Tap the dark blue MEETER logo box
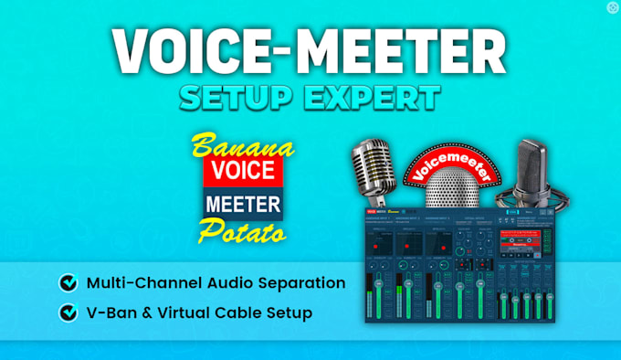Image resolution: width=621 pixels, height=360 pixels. (x=243, y=201)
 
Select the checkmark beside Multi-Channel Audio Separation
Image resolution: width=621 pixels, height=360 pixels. (x=68, y=283)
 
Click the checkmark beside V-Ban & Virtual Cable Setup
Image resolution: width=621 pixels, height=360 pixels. (x=68, y=312)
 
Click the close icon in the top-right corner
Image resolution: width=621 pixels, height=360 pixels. (x=612, y=7)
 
